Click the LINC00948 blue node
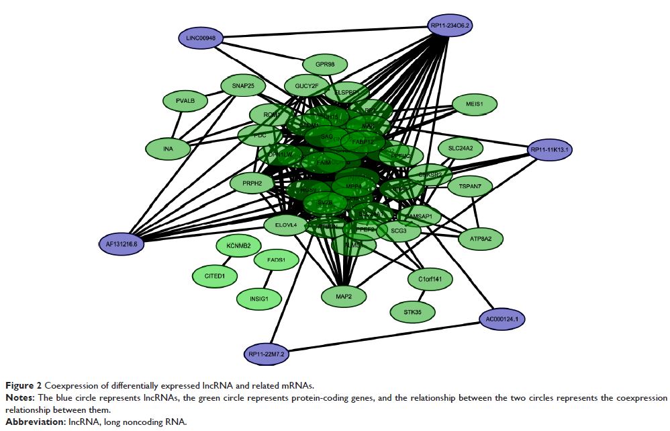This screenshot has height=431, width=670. coord(201,38)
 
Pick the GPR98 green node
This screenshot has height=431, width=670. coord(325,65)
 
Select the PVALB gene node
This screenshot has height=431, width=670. coord(185,102)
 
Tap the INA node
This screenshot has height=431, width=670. coord(168,148)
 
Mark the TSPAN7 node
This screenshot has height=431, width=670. coord(470,186)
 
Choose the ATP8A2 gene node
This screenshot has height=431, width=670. coord(480,238)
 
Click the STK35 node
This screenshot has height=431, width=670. coord(412,312)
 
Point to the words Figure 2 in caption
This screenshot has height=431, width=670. coord(21,385)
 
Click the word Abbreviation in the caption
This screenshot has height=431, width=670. coord(30,422)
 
